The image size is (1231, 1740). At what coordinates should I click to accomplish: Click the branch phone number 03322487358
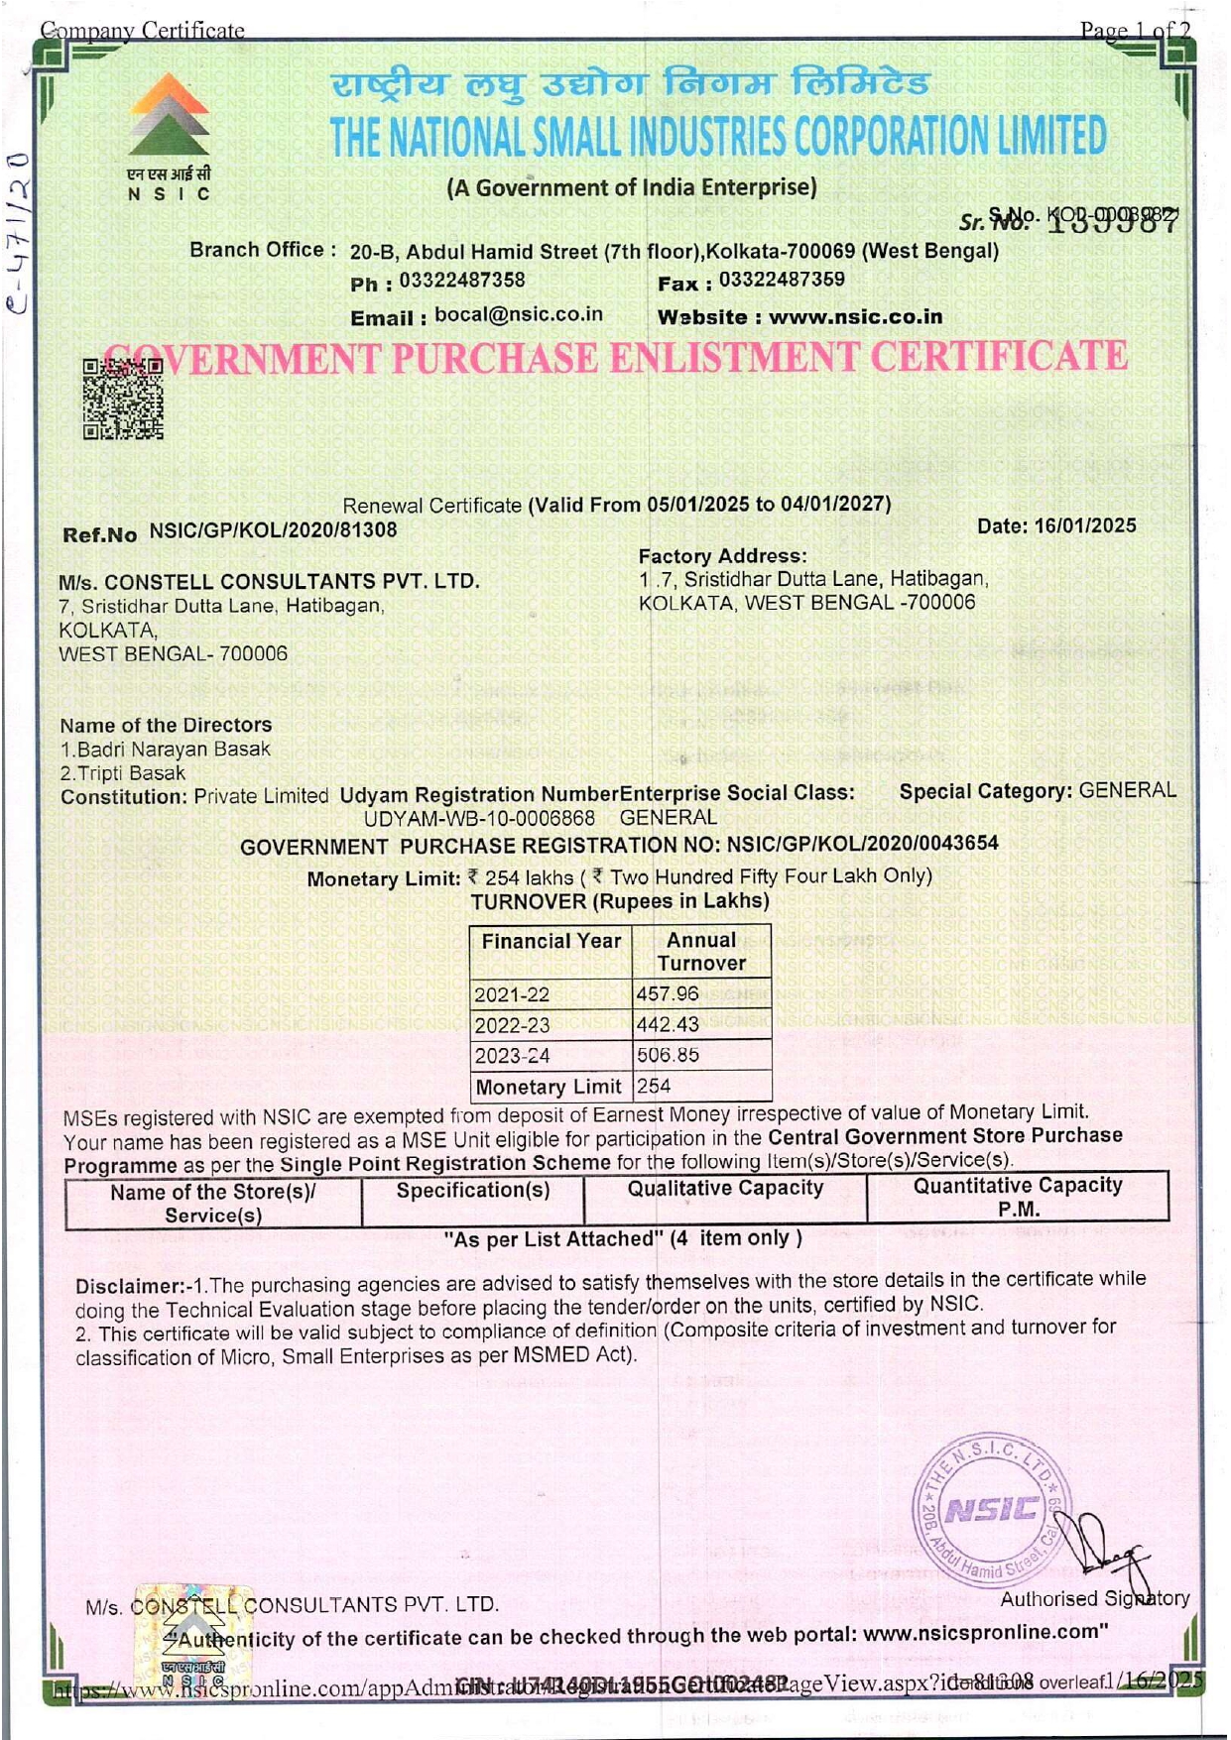462,281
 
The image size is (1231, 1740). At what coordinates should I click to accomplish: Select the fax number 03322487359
782,280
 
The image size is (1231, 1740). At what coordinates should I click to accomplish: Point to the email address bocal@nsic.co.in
519,315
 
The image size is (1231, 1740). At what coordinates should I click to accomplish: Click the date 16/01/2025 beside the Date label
1085,525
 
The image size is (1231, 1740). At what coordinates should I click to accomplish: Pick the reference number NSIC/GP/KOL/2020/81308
273,530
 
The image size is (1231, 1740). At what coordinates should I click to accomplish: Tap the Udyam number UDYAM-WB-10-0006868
479,819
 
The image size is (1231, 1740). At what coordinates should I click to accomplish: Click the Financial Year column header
551,941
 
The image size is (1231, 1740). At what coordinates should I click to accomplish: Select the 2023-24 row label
512,1056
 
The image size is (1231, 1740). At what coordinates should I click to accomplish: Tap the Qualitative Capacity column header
725,1188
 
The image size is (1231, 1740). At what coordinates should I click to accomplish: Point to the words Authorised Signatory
1094,1598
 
